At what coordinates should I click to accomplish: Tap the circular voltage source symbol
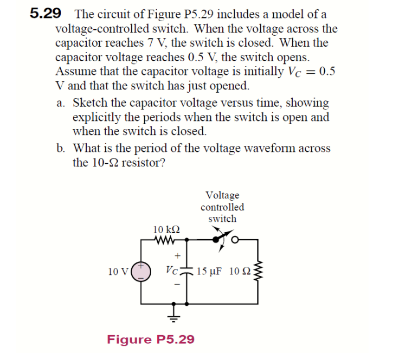tap(141, 270)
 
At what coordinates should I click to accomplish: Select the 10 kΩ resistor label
tap(166, 229)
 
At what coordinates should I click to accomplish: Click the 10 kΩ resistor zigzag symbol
tap(164, 239)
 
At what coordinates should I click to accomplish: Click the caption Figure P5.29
tap(150, 339)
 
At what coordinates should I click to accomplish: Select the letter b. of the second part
tap(61, 149)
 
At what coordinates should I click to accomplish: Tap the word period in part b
tap(156, 149)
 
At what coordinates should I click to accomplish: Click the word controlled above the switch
tap(222, 207)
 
